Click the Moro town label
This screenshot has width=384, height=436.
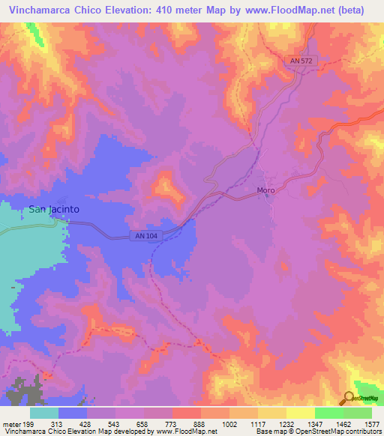point(265,190)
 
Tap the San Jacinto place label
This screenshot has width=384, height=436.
point(54,210)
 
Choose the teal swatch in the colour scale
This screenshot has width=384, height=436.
point(43,413)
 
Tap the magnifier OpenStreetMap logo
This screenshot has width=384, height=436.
point(349,399)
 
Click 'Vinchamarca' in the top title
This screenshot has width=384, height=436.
point(41,10)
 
